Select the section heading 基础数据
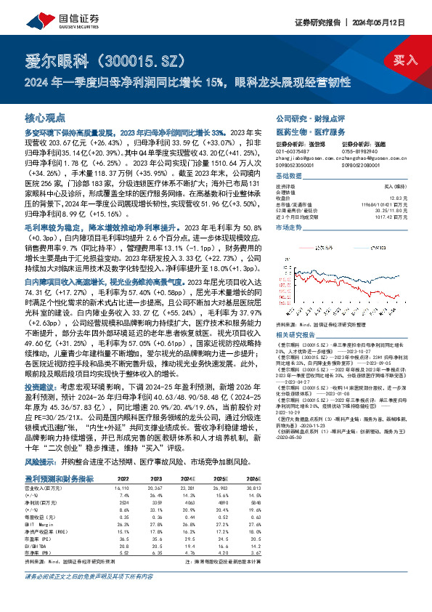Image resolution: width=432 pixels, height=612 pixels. tap(290, 177)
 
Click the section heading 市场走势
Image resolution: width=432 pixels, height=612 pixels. tap(290, 228)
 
